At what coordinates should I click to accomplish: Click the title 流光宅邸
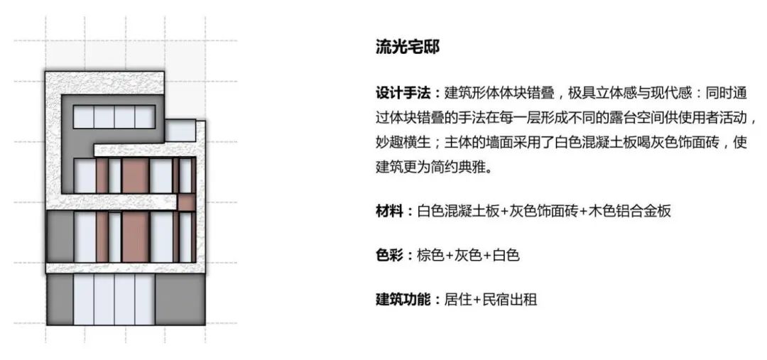(x=408, y=47)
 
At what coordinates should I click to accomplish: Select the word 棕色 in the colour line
(x=430, y=255)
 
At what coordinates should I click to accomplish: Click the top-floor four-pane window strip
(x=114, y=117)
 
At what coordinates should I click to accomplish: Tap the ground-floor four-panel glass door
(x=114, y=300)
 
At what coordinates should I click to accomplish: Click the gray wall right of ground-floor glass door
(x=180, y=300)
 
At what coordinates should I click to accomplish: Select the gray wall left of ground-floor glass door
(x=60, y=300)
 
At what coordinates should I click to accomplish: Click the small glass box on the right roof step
(x=180, y=131)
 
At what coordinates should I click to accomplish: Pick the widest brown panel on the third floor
(x=135, y=175)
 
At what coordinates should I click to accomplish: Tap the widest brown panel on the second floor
(x=135, y=236)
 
